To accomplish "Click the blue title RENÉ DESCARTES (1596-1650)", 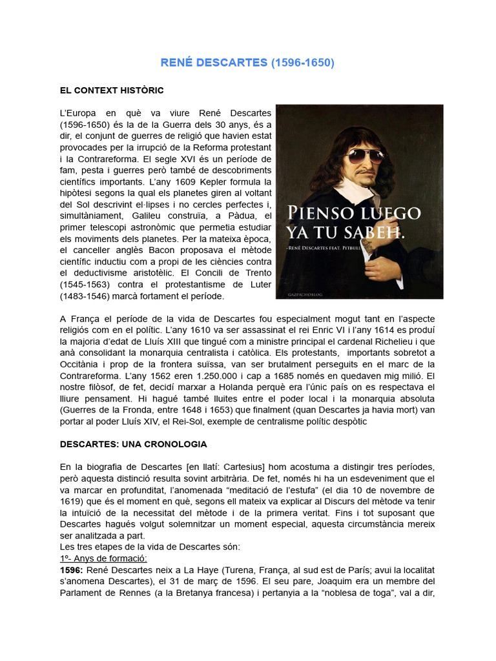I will [247, 63].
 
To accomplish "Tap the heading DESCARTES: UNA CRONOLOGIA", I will [133, 445].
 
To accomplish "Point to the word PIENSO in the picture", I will [322, 213].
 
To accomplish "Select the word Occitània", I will [82, 363].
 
